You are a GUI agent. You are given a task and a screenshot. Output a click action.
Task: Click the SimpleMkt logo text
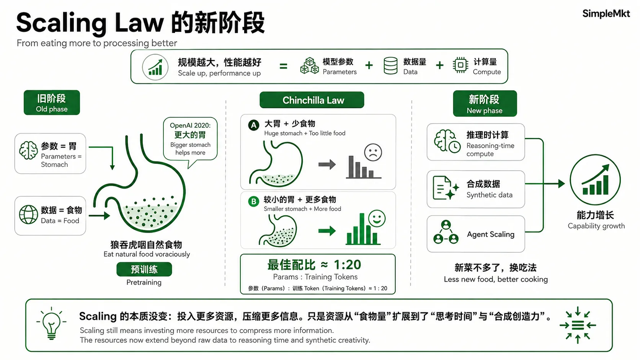pos(606,14)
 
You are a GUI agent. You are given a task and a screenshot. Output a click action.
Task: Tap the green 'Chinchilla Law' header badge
pos(312,100)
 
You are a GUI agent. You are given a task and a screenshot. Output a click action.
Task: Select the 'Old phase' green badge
pos(52,103)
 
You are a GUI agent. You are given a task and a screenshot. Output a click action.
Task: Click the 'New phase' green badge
pos(485,103)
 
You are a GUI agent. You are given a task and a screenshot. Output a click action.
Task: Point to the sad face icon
pos(373,152)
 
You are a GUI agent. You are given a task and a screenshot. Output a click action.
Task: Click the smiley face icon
pos(377,219)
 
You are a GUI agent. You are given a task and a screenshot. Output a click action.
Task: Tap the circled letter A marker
pos(253,125)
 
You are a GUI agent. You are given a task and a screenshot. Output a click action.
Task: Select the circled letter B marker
pos(253,202)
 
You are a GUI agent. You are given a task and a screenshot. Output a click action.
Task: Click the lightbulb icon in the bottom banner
pos(51,324)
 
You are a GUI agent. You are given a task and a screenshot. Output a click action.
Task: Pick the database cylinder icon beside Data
pos(390,66)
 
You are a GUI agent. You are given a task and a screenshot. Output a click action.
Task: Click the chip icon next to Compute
pos(460,65)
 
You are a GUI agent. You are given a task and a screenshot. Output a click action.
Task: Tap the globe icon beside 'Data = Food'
pos(28,214)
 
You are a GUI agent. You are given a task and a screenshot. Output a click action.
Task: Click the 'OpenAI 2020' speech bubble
pos(190,140)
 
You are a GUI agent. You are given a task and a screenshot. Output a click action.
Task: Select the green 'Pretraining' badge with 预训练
pos(144,269)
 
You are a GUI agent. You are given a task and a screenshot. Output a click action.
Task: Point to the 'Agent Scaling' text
pos(491,235)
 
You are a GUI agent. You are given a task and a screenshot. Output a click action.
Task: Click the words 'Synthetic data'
pos(490,195)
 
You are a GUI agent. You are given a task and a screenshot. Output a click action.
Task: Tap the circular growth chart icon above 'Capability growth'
pos(595,180)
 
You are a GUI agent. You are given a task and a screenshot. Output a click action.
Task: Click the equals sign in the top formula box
pos(283,67)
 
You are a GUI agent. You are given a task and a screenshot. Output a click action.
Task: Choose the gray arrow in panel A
pos(327,165)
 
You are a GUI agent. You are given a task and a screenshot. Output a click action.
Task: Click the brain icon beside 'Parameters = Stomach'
pos(28,150)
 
